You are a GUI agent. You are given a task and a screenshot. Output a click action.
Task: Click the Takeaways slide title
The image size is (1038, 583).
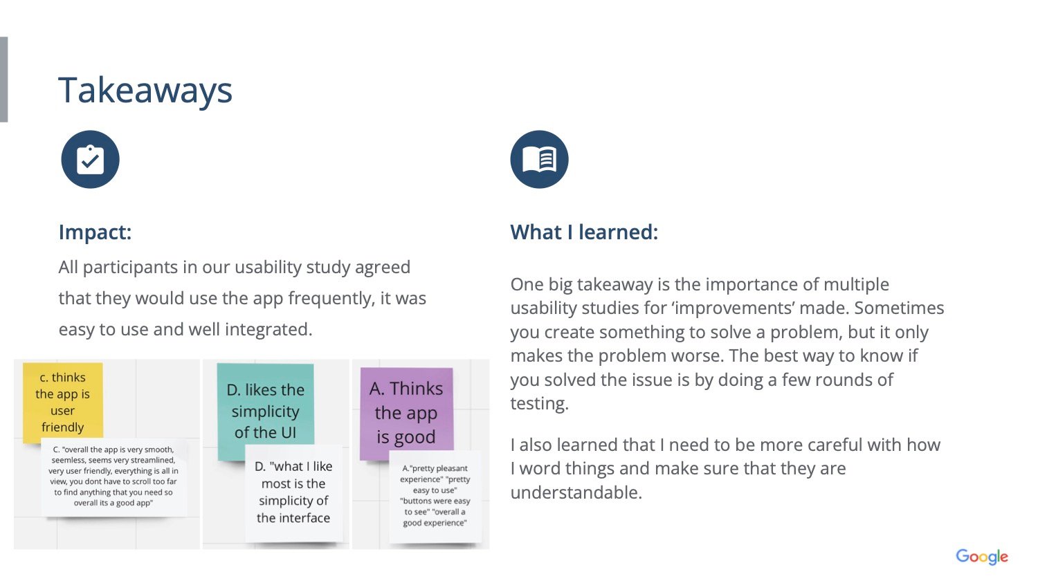click(145, 91)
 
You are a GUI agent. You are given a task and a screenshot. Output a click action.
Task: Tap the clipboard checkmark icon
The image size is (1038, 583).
click(91, 159)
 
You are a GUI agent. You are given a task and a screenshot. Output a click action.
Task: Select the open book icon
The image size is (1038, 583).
click(539, 159)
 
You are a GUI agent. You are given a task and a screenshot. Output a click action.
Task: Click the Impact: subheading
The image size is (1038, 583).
click(95, 232)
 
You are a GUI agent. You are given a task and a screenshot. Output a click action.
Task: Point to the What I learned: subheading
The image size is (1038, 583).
click(584, 232)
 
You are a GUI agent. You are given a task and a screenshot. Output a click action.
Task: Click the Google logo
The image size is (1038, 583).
click(982, 556)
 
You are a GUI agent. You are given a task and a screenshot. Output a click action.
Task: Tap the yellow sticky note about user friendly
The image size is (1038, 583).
click(62, 401)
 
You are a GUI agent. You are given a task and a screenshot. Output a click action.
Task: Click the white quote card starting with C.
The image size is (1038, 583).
click(113, 477)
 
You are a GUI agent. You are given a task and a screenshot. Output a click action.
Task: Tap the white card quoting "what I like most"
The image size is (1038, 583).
click(294, 492)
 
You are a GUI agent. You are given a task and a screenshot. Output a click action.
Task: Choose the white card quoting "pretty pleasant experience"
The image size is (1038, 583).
click(435, 496)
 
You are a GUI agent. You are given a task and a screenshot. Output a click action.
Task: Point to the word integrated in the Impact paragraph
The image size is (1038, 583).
click(268, 329)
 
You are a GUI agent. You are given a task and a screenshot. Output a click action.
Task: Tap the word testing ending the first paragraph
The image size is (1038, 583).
click(539, 404)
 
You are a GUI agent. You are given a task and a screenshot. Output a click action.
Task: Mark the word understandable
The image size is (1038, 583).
click(576, 492)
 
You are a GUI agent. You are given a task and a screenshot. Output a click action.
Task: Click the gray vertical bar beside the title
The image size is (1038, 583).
click(3, 79)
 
